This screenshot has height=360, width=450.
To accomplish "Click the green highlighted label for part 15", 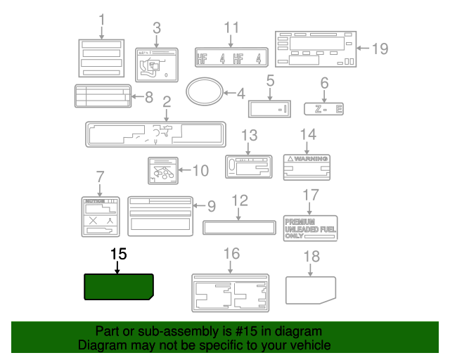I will [x=119, y=287].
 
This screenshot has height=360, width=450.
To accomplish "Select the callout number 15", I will [x=117, y=253].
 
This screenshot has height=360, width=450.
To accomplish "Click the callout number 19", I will [x=380, y=49].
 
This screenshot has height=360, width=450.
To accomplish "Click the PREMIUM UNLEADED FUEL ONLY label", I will [x=310, y=229].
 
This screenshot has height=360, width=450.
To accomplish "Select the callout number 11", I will [x=232, y=28].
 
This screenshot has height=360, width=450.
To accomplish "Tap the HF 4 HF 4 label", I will [x=231, y=58].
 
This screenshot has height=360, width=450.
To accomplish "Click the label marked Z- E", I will [x=324, y=109].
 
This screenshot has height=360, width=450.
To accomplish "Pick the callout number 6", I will [x=324, y=83].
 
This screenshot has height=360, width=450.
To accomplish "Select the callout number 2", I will [x=167, y=101].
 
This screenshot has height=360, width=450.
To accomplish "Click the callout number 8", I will [x=148, y=98].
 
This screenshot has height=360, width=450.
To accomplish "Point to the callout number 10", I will [x=200, y=169].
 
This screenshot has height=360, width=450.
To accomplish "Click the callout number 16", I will [x=231, y=253].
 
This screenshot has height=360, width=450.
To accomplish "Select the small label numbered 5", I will [x=269, y=108].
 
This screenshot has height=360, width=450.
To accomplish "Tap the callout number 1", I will [x=101, y=19].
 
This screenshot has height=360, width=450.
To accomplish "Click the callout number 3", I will [x=156, y=28].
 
